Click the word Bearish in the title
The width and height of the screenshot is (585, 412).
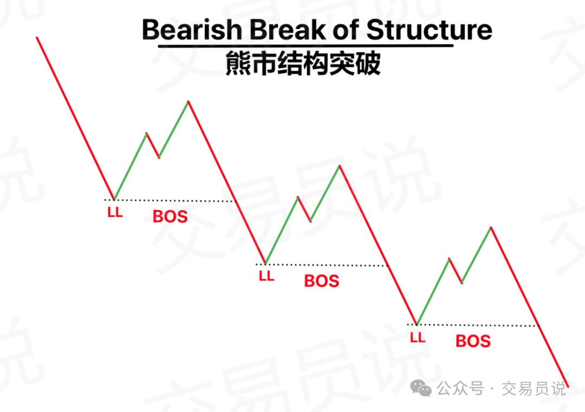click(x=192, y=29)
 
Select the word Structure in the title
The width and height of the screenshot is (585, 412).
click(x=430, y=29)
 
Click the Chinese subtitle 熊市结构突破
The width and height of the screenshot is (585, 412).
click(x=303, y=63)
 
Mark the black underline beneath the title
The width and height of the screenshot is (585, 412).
click(x=305, y=46)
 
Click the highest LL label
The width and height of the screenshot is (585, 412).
click(x=115, y=213)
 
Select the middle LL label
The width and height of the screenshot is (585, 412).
click(x=266, y=276)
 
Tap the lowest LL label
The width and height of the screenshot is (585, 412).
click(x=418, y=338)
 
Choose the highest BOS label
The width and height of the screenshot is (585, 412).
click(x=170, y=217)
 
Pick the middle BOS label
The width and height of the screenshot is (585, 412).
click(x=322, y=281)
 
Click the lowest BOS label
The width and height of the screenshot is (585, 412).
click(x=473, y=341)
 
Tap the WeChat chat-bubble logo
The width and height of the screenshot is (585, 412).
click(x=421, y=389)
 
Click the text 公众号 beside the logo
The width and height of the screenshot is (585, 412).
click(x=460, y=389)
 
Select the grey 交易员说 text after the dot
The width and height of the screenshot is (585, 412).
click(x=534, y=389)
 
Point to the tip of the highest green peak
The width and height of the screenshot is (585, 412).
click(x=188, y=101)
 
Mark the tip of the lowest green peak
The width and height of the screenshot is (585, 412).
click(x=491, y=227)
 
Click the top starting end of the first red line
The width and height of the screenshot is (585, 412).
click(x=37, y=37)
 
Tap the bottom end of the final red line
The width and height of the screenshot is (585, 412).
click(x=568, y=387)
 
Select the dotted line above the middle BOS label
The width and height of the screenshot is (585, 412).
click(x=322, y=265)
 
